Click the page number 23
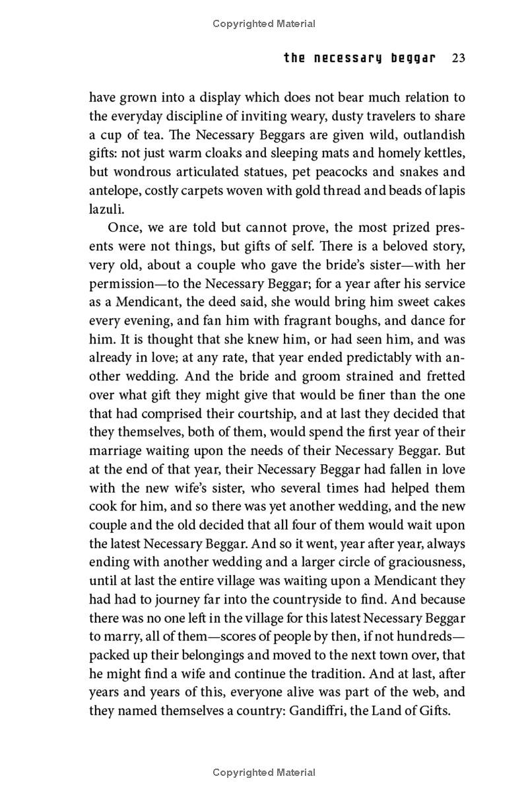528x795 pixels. tap(459, 58)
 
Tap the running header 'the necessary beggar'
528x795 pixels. tap(360, 58)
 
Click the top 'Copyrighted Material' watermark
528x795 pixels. tap(264, 24)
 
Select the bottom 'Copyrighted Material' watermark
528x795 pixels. tap(264, 772)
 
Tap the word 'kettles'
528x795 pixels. tap(445, 154)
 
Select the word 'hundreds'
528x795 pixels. tap(421, 637)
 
